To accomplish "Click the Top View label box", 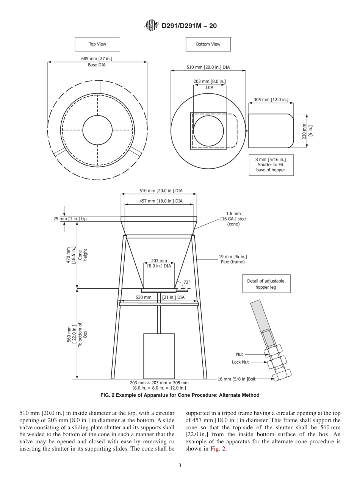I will (97, 44).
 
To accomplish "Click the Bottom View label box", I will (208, 44).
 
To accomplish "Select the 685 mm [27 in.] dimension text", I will (97, 58).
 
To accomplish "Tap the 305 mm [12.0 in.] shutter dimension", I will (271, 100).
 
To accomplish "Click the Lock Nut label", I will (240, 362).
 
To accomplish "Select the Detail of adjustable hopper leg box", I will (266, 284).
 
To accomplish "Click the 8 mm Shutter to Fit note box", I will (272, 164).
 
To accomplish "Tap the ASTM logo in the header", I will (150, 26).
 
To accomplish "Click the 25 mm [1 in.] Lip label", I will (70, 219).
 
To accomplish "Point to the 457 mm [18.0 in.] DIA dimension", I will (159, 201).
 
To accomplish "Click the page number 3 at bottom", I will (180, 465).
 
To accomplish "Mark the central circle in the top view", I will (98, 130).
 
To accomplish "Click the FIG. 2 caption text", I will (180, 395).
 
